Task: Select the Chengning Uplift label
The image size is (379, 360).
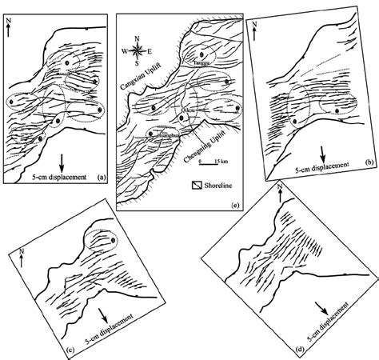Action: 197,149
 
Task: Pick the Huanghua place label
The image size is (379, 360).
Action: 158,134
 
